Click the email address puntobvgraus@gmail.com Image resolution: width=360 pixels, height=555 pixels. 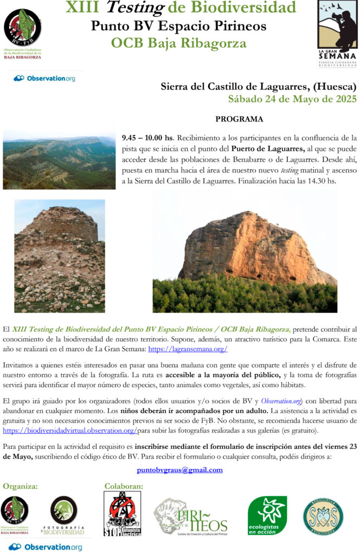click(x=180, y=470)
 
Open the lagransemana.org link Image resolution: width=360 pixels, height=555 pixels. click(x=184, y=350)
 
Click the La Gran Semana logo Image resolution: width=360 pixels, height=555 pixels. click(x=337, y=34)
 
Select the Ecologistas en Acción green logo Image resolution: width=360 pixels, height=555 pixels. click(x=267, y=515)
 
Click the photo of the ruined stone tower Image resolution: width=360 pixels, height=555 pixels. click(x=60, y=256)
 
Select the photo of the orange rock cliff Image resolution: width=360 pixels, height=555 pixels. click(x=245, y=251)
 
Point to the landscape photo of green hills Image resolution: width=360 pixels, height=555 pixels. click(x=59, y=159)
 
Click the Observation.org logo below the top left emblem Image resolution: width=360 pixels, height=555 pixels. click(x=44, y=79)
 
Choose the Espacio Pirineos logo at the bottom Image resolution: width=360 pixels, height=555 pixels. click(x=190, y=517)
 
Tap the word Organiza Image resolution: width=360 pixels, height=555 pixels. click(x=20, y=486)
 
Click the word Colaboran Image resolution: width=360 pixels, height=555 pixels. click(x=124, y=486)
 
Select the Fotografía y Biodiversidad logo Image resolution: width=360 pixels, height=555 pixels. click(x=64, y=515)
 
